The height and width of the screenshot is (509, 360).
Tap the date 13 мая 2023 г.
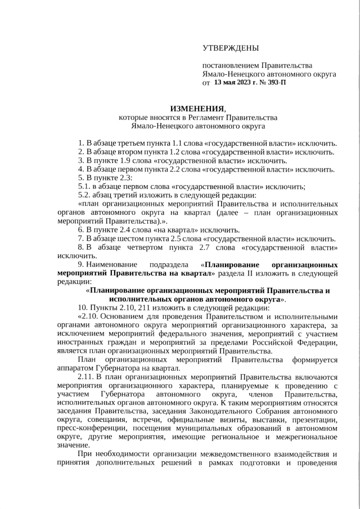237,83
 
